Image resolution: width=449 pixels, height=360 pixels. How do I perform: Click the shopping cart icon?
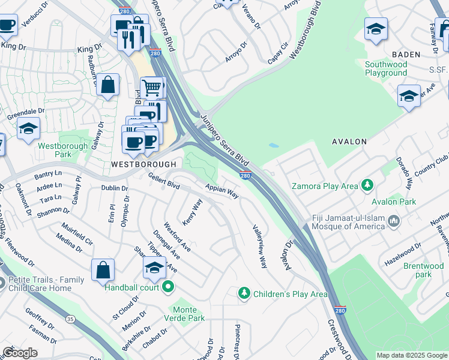pyautogui.click(x=152, y=88)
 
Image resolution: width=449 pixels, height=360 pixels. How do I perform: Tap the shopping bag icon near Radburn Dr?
pyautogui.click(x=108, y=85)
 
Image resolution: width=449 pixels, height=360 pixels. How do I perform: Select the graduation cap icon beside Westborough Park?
pyautogui.click(x=28, y=128)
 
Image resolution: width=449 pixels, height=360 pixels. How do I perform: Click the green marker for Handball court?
pyautogui.click(x=169, y=287)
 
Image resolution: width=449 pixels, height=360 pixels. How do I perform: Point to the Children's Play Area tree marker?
pyautogui.click(x=244, y=293)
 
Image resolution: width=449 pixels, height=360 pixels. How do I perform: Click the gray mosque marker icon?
pyautogui.click(x=394, y=221)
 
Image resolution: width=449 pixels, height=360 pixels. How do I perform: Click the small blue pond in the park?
pyautogui.click(x=274, y=145)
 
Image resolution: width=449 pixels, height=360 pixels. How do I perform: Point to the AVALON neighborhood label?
pyautogui.click(x=349, y=142)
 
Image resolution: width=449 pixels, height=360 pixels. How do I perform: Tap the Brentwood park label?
pyautogui.click(x=423, y=270)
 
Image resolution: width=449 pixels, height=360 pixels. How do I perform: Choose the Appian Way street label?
pyautogui.click(x=222, y=191)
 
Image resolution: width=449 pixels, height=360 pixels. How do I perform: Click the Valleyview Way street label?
pyautogui.click(x=260, y=246)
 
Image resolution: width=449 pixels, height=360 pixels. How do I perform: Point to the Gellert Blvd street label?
pyautogui.click(x=164, y=180)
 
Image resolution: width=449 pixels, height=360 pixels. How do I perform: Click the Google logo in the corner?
pyautogui.click(x=20, y=353)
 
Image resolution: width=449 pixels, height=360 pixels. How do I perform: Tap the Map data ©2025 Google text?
pyautogui.click(x=411, y=355)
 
